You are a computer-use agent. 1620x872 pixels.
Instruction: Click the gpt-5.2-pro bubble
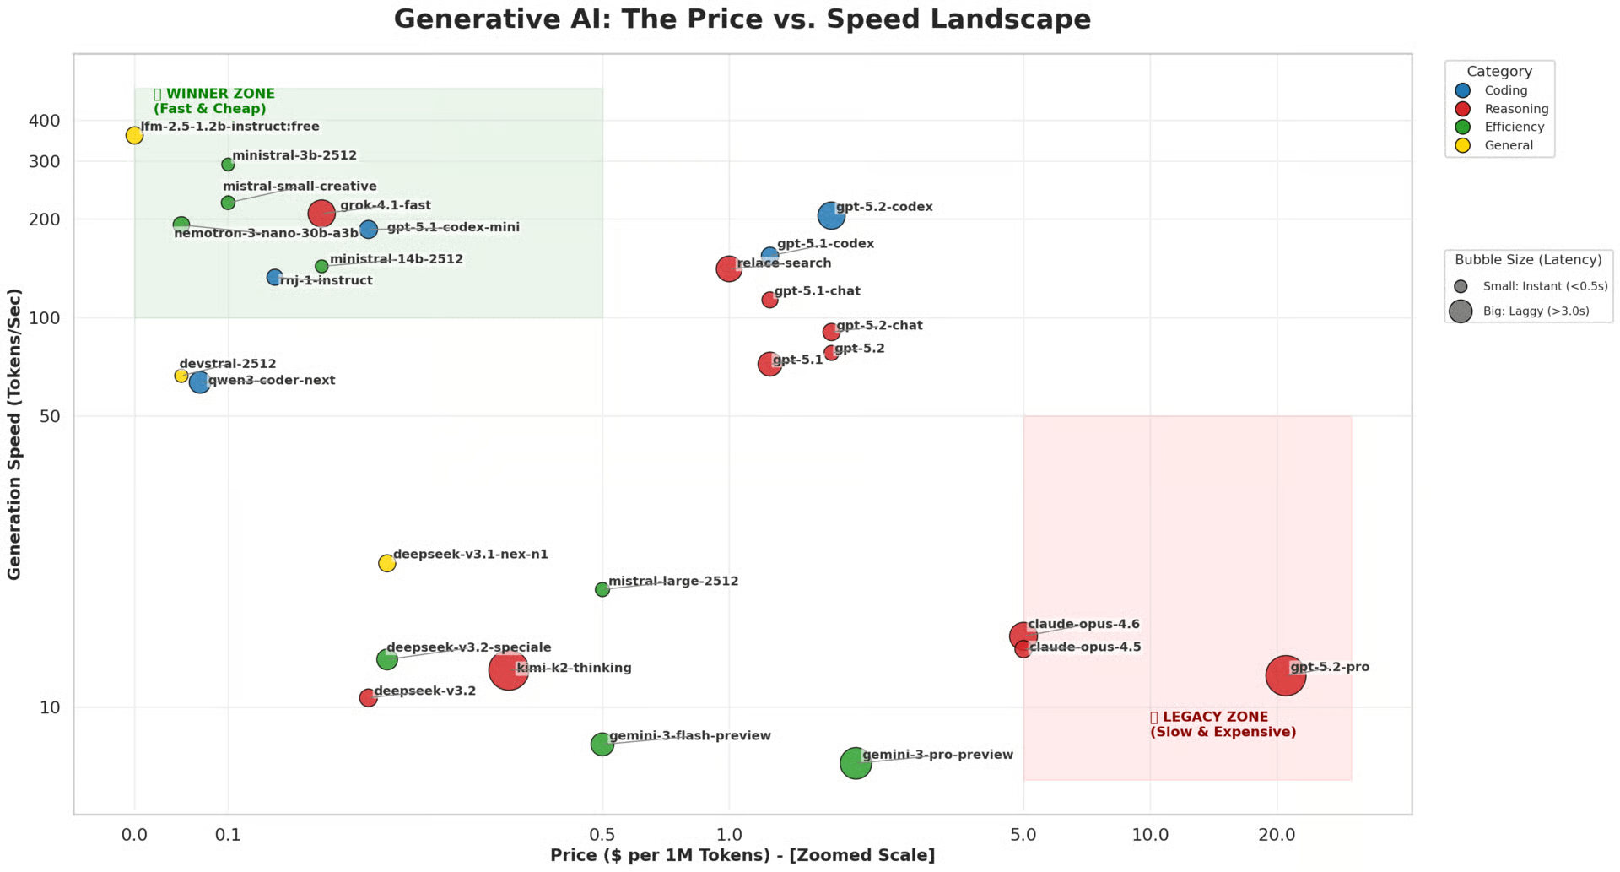click(1285, 675)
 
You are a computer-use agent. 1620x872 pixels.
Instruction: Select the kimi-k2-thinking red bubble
click(508, 670)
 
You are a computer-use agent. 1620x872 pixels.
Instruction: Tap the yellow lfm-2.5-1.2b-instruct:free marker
click(134, 135)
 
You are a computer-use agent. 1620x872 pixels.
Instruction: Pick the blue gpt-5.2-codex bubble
click(831, 215)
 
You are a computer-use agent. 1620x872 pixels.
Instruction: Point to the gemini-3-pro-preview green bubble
click(856, 763)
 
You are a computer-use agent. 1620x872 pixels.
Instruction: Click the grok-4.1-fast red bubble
click(321, 214)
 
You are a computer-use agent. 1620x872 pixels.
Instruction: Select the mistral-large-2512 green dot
click(602, 589)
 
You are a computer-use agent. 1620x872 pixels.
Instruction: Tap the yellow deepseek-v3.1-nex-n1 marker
click(386, 563)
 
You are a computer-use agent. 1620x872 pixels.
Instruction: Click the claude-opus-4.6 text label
click(1083, 625)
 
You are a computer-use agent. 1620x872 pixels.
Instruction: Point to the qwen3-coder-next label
click(272, 381)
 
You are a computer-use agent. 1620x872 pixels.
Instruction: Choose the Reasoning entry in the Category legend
click(1516, 109)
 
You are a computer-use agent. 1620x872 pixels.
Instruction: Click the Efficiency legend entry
click(1514, 127)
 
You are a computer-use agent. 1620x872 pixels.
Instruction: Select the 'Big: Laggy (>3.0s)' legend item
click(1536, 311)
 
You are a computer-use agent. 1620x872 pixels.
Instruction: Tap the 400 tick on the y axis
click(45, 121)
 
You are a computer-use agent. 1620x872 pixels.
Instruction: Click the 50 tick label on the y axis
click(50, 416)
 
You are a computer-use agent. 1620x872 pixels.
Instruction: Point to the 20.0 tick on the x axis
click(1277, 835)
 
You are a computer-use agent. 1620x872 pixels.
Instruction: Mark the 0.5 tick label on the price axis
click(602, 835)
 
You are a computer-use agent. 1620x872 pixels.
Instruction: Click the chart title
click(742, 19)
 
